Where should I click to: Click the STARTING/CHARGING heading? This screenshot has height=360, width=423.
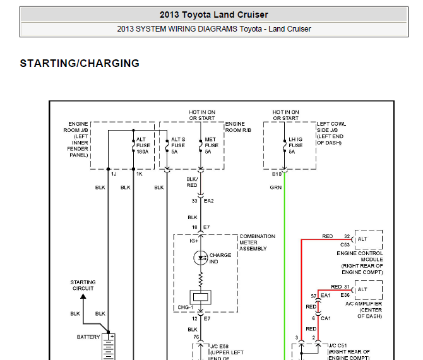pos(80,63)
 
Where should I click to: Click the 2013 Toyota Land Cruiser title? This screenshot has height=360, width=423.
pos(214,15)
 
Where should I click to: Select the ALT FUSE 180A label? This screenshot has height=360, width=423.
pos(143,145)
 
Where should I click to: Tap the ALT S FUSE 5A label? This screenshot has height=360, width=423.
pos(178,145)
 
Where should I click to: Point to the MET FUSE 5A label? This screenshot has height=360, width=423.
pos(211,145)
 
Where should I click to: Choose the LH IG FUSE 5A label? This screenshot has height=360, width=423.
pos(295,145)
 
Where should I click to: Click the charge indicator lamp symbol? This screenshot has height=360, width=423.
pos(200,258)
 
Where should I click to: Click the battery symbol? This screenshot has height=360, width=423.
pos(109,347)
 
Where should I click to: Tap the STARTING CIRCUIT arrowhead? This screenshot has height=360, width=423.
pos(83,296)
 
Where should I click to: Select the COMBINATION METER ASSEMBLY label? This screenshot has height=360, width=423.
pos(257,243)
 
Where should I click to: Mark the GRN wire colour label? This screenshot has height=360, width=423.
pos(276,188)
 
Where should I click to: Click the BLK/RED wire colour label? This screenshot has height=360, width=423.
pos(192,182)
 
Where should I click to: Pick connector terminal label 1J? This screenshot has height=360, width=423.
pos(114,174)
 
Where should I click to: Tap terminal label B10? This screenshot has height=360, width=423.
pos(277,174)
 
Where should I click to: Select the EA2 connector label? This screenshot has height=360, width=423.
pos(209,201)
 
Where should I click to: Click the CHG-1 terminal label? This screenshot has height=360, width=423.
pos(186,308)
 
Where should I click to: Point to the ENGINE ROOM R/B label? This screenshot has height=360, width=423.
pos(238,127)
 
